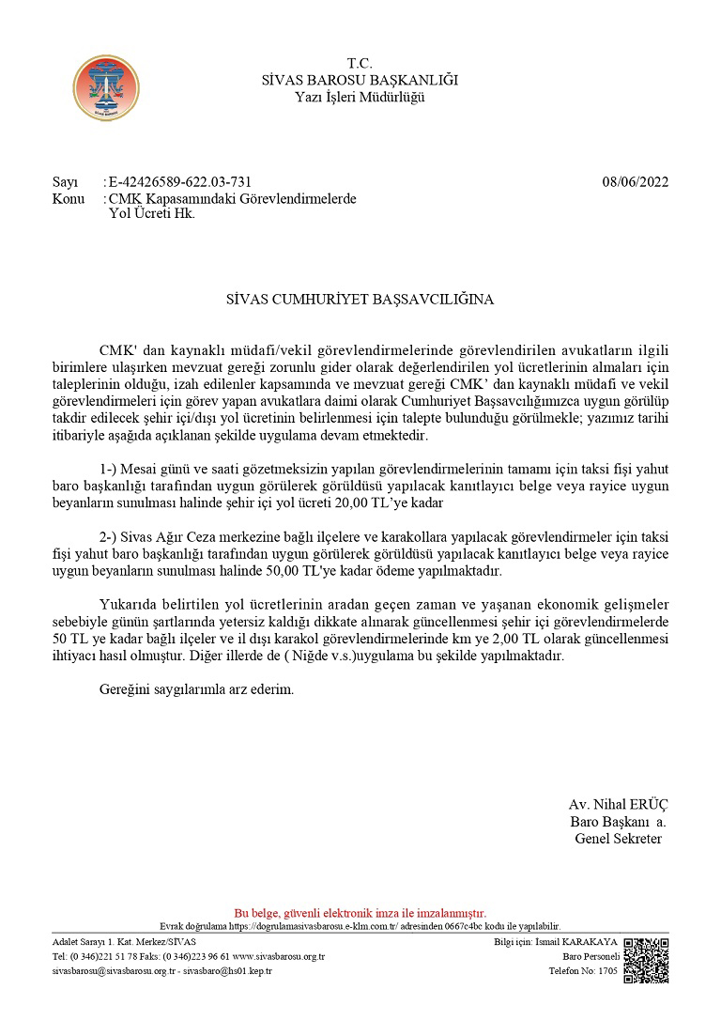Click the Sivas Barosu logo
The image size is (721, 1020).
click(x=106, y=87)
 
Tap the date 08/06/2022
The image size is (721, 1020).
click(x=636, y=182)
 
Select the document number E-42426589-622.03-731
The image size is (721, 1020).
click(x=180, y=182)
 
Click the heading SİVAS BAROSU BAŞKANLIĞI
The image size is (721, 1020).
click(x=360, y=80)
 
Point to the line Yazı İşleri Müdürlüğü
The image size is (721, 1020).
click(x=360, y=97)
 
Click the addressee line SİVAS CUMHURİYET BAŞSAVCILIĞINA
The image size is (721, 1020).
click(x=360, y=301)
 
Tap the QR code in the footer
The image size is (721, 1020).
click(x=646, y=959)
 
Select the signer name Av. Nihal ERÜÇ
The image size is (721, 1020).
click(x=618, y=805)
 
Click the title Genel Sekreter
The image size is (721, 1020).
click(x=618, y=839)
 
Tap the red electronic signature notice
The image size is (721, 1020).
click(x=360, y=912)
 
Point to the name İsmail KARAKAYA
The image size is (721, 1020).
click(x=589, y=942)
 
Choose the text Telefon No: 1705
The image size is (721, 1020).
click(x=583, y=971)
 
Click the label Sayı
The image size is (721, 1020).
click(x=65, y=182)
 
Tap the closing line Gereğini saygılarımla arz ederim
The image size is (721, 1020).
click(x=196, y=690)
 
